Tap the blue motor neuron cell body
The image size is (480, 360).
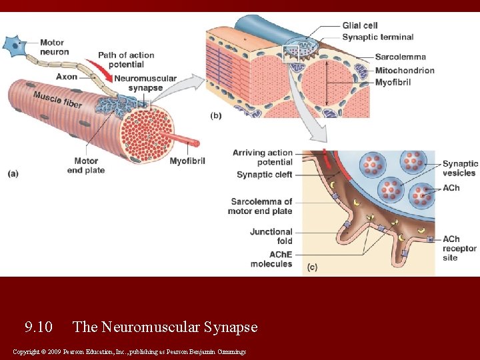click(13, 45)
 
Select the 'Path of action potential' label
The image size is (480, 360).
click(126, 60)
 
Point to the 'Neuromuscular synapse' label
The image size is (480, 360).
click(145, 83)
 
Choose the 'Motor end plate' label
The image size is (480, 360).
click(86, 165)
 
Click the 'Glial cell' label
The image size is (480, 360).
click(361, 25)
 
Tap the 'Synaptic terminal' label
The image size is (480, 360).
click(377, 37)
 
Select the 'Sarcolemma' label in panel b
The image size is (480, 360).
click(400, 57)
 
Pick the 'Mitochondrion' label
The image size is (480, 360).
click(405, 70)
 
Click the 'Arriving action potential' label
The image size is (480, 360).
click(262, 157)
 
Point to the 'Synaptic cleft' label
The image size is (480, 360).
click(264, 175)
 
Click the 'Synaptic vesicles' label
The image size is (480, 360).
click(460, 168)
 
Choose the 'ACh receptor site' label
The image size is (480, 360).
click(459, 248)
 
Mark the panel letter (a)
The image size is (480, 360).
click(13, 173)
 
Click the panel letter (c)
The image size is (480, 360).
click(312, 267)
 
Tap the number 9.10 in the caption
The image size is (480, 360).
click(38, 327)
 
